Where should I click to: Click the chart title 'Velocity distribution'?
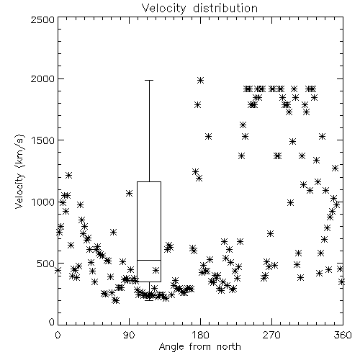point(199,8)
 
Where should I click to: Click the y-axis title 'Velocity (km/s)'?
point(20,171)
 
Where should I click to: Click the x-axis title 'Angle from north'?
point(199,347)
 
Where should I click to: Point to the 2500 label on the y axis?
point(42,19)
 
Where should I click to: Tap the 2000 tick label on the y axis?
point(42,78)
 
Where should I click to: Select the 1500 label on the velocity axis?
point(43,140)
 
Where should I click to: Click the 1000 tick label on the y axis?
point(43,202)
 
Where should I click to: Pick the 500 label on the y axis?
point(46,264)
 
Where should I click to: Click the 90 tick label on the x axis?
point(129,335)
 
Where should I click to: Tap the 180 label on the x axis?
point(199,335)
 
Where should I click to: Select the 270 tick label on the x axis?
point(271,335)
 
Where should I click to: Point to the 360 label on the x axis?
point(343,335)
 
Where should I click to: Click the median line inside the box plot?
point(149,260)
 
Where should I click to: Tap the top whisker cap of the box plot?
point(149,80)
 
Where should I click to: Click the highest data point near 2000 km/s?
point(201,80)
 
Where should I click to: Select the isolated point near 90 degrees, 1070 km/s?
point(130,193)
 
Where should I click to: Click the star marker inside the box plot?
point(156,270)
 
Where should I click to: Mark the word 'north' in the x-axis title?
point(229,347)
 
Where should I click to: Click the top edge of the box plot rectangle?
point(149,181)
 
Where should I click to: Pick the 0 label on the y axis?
point(52,322)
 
